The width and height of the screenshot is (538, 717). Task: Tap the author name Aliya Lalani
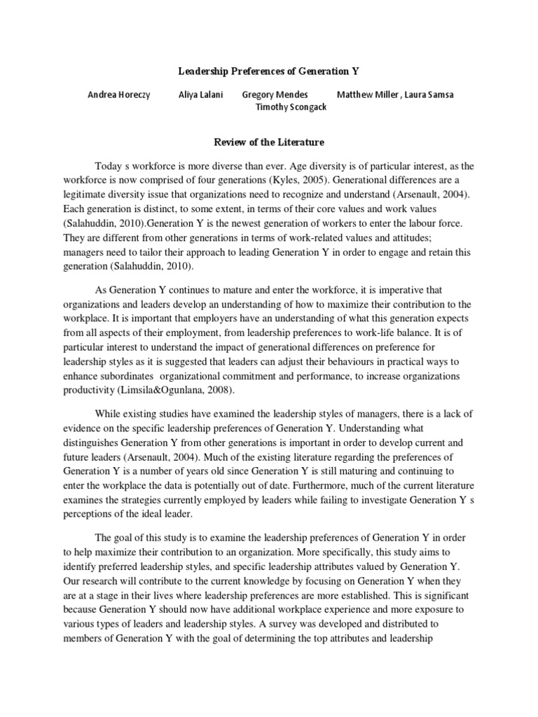click(200, 95)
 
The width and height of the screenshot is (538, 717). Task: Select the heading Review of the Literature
click(268, 142)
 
